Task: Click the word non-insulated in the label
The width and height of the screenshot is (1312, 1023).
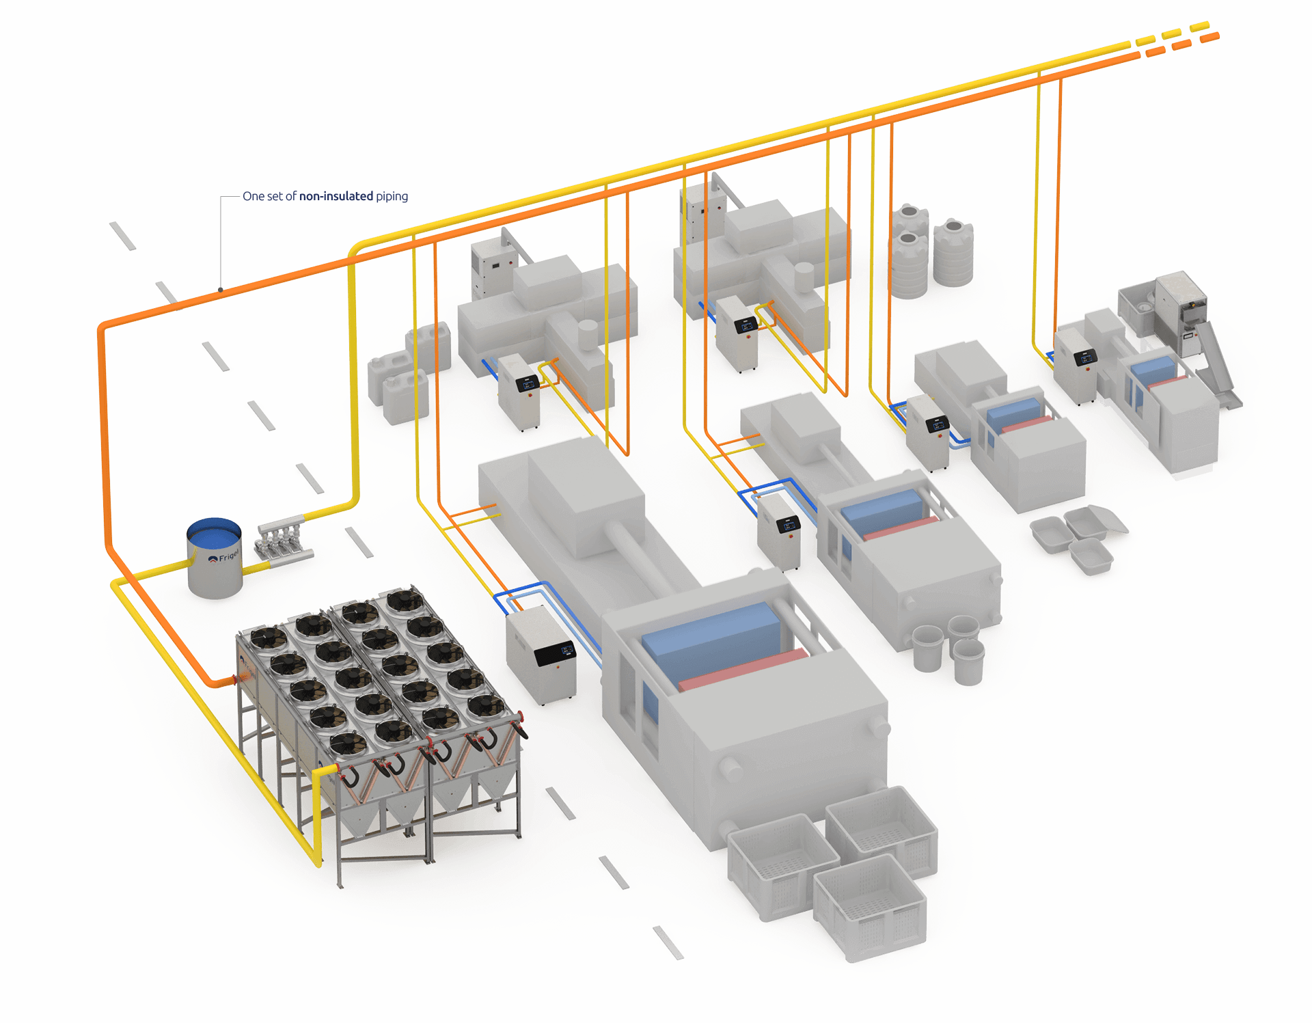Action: tap(337, 197)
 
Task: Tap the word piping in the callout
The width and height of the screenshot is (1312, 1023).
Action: tap(392, 197)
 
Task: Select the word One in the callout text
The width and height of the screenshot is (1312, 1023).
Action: tap(253, 197)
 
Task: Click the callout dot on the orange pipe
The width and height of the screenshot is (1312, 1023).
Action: tap(221, 290)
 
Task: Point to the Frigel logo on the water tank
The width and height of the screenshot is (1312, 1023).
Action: tap(224, 556)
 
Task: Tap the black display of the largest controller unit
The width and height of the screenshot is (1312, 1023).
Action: tap(555, 653)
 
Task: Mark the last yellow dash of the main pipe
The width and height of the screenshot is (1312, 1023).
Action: tap(1199, 27)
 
